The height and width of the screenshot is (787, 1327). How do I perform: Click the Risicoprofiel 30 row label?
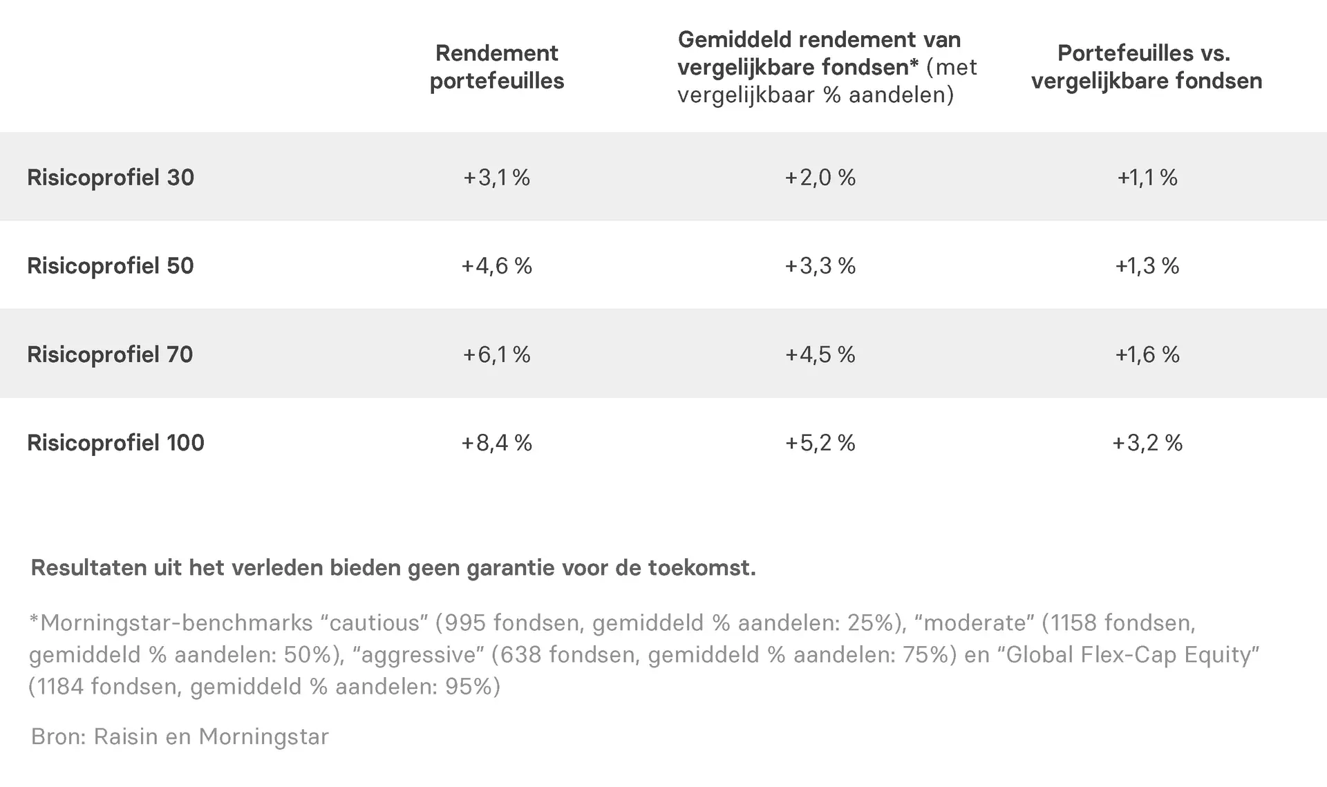[111, 178]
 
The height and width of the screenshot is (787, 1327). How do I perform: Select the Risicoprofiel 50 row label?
[111, 266]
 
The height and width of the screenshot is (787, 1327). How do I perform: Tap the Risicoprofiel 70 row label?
[110, 354]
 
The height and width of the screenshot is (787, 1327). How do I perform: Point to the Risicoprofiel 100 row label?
[115, 443]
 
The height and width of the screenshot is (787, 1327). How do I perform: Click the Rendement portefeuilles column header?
[497, 67]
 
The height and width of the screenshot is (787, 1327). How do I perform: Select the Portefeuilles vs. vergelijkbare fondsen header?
[1147, 67]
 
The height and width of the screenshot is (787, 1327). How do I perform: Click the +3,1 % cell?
[496, 178]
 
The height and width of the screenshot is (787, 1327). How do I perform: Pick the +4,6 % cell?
[496, 266]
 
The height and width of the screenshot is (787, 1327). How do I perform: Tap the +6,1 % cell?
[496, 354]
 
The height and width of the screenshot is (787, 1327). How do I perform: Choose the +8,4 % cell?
[496, 443]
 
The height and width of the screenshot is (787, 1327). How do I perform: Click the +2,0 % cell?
[820, 178]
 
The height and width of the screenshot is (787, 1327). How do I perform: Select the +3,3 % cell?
[820, 266]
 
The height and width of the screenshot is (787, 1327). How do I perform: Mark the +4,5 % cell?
[820, 354]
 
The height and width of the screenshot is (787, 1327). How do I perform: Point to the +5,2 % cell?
[820, 443]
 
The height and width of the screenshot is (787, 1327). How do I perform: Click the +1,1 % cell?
[1147, 178]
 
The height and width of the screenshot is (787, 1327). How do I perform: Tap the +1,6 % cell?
[1147, 354]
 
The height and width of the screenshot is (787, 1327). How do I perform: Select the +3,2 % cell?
[1147, 443]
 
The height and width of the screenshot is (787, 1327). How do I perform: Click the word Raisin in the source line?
[126, 737]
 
